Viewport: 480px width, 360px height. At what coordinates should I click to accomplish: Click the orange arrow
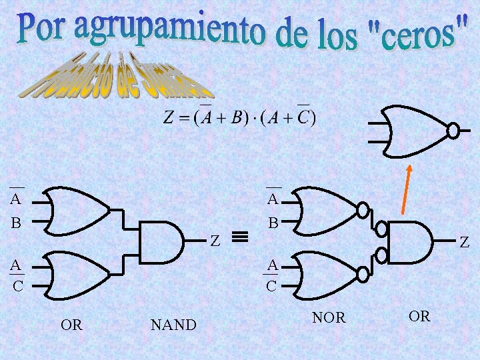(405, 189)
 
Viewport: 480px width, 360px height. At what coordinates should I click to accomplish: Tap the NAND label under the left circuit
(173, 325)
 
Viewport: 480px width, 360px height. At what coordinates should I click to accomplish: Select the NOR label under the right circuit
(329, 318)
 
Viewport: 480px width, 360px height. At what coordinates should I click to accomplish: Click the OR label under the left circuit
(71, 325)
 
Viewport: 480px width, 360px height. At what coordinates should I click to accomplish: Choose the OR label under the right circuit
(419, 316)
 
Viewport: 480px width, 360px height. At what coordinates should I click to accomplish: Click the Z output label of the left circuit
(215, 240)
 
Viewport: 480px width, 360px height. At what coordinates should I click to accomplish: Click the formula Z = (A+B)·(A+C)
(239, 118)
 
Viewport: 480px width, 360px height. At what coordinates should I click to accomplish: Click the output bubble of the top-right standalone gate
(453, 131)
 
